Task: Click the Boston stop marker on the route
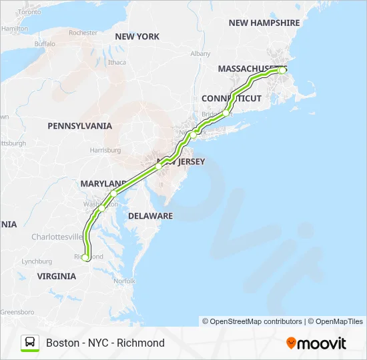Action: click(x=282, y=70)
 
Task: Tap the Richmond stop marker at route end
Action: click(x=85, y=257)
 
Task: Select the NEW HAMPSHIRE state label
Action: click(x=264, y=23)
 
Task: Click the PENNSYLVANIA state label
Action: click(x=79, y=125)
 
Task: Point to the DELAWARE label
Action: click(x=150, y=216)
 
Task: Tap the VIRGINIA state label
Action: click(x=57, y=276)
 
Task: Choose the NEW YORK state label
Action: click(x=137, y=37)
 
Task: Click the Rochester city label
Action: click(x=83, y=32)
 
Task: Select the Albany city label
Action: click(x=200, y=53)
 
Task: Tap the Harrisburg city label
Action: click(x=105, y=150)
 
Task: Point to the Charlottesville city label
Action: click(x=58, y=237)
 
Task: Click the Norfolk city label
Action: click(x=124, y=282)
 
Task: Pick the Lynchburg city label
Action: click(x=37, y=261)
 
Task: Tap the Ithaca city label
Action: click(x=117, y=62)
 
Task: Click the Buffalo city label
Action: click(x=45, y=43)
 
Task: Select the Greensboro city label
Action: click(x=17, y=311)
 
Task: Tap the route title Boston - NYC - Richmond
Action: click(x=105, y=343)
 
